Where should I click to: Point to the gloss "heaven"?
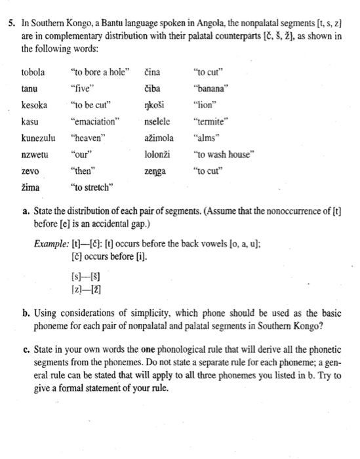click(87, 138)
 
